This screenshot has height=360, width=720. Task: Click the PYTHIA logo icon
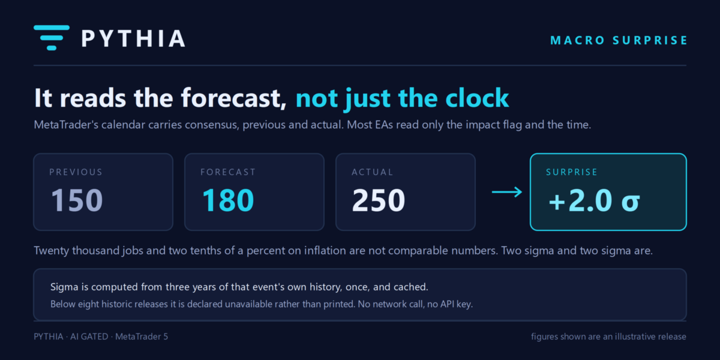(52, 38)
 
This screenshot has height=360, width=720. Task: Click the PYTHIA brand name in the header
(133, 38)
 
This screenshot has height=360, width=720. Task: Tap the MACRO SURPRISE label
(619, 41)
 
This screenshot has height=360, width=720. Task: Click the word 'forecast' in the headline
(233, 98)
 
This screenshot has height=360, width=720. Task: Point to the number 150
(77, 200)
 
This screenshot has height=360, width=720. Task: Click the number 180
(228, 200)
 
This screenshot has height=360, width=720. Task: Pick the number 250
(379, 200)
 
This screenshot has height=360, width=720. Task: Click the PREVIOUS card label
(76, 172)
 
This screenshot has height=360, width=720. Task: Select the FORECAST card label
(228, 172)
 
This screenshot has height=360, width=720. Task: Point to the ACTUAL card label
(372, 172)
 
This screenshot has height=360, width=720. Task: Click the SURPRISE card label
(571, 172)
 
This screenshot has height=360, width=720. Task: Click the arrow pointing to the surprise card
(507, 192)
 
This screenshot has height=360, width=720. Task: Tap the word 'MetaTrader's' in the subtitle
(66, 125)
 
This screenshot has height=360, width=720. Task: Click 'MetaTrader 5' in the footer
(142, 337)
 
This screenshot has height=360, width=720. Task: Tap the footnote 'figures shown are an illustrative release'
(608, 337)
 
